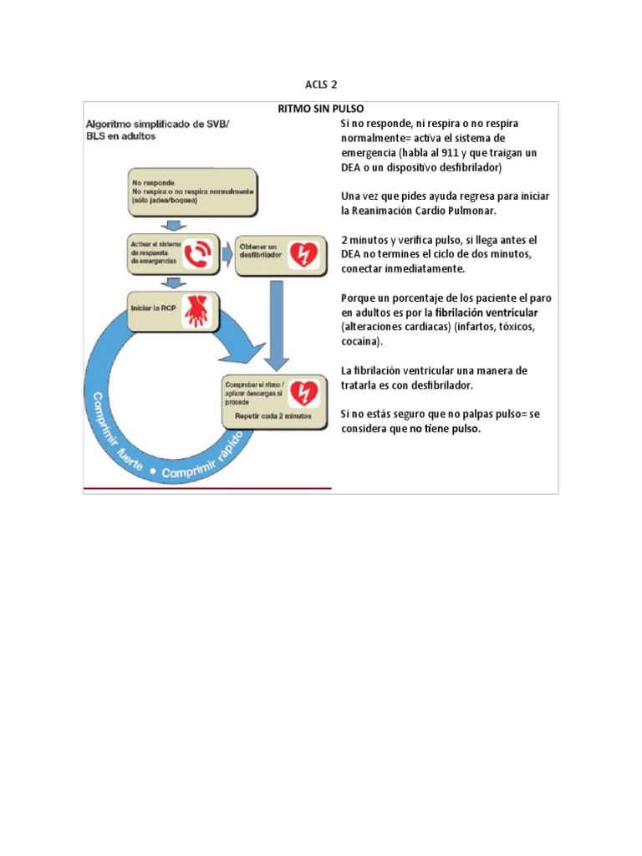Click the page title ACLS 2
[x=320, y=84]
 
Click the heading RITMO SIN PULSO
[x=320, y=110]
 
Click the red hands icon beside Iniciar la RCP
[x=196, y=311]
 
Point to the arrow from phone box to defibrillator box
[x=227, y=252]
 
